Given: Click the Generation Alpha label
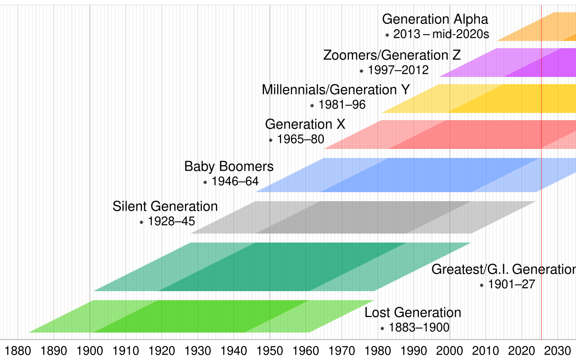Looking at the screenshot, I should (435, 20).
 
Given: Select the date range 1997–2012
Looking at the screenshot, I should (398, 70).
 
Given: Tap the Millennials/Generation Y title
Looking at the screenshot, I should (336, 90).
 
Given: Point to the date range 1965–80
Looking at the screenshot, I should (301, 139).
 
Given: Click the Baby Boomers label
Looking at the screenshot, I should (229, 166).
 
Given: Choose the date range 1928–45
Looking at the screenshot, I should (171, 222).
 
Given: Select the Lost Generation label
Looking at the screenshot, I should (413, 312).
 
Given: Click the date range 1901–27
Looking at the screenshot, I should (512, 284).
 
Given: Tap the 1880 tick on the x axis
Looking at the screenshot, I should (18, 350).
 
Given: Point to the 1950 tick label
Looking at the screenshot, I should (270, 350).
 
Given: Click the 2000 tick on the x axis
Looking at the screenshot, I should (450, 350).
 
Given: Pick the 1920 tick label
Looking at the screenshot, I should (162, 350).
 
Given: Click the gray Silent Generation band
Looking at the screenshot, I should (360, 217).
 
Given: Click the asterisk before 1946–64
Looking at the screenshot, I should (205, 183).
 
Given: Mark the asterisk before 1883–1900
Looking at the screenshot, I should (382, 329).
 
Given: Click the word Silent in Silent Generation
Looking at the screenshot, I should (130, 207).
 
